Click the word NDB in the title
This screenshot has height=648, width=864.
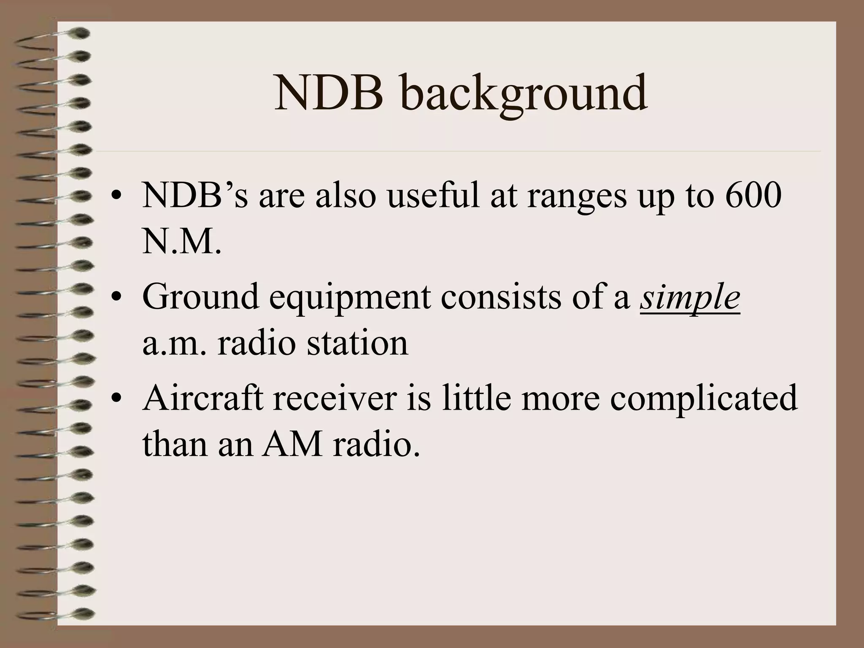point(329,92)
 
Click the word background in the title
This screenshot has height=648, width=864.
point(524,95)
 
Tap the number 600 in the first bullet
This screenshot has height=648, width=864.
point(753,196)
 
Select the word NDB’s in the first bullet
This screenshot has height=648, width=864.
point(195,196)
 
